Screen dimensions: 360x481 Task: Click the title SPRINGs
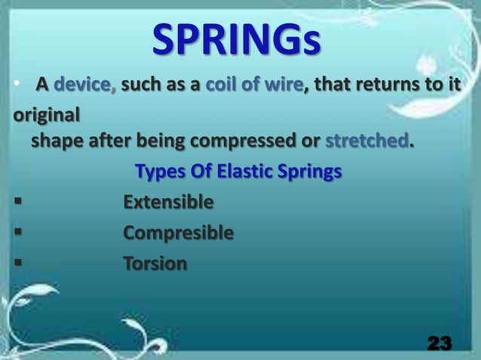[236, 42]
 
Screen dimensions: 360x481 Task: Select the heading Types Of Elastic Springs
[237, 172]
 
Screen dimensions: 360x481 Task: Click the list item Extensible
[168, 203]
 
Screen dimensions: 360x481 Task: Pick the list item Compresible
[178, 233]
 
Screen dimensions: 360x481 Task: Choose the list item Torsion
[155, 264]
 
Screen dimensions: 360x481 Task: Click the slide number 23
[440, 343]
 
